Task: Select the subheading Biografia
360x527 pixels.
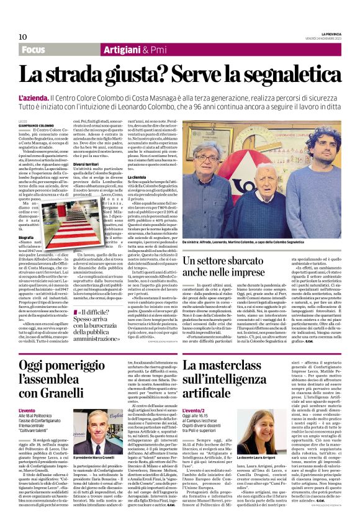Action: (27, 237)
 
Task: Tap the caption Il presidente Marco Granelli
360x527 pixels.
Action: (95, 459)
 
